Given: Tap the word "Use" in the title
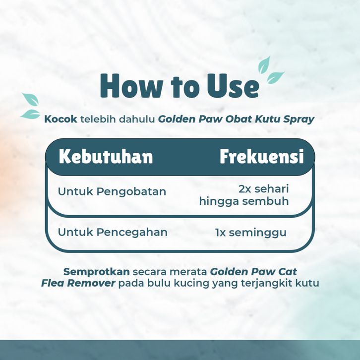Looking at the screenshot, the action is click(233, 86).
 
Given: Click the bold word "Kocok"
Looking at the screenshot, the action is click(60, 119).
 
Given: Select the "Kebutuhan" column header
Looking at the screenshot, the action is click(106, 157).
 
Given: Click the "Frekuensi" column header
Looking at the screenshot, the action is click(262, 157).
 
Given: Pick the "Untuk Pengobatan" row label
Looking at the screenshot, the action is click(112, 191).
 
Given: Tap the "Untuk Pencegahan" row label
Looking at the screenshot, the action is click(113, 232).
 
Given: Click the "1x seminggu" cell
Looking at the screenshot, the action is click(251, 233).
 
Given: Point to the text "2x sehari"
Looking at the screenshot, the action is click(264, 189).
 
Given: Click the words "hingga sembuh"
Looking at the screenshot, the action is click(244, 201).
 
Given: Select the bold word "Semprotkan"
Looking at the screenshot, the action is click(97, 272).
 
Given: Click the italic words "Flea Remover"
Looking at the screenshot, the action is click(78, 283).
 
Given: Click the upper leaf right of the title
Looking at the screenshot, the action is click(264, 65).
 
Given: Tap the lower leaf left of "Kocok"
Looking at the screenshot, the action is click(31, 114).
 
